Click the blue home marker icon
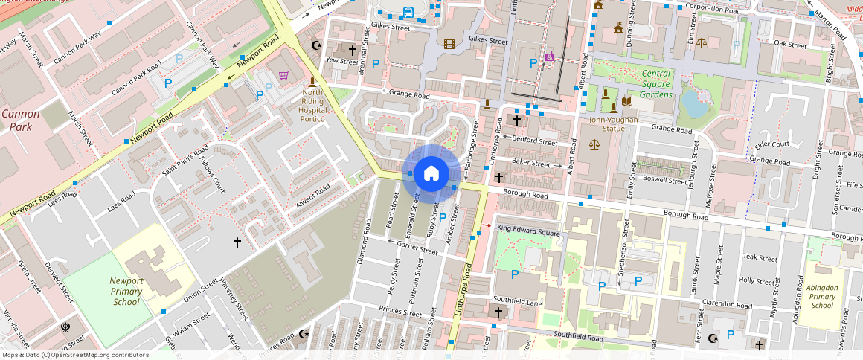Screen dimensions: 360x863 (431, 173)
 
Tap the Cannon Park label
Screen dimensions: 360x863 (20, 120)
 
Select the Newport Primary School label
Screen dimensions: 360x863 (126, 292)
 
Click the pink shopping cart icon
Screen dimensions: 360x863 (283, 75)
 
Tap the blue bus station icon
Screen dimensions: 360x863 (408, 12)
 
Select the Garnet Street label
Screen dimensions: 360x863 (417, 248)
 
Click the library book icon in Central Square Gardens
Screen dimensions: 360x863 (627, 101)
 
